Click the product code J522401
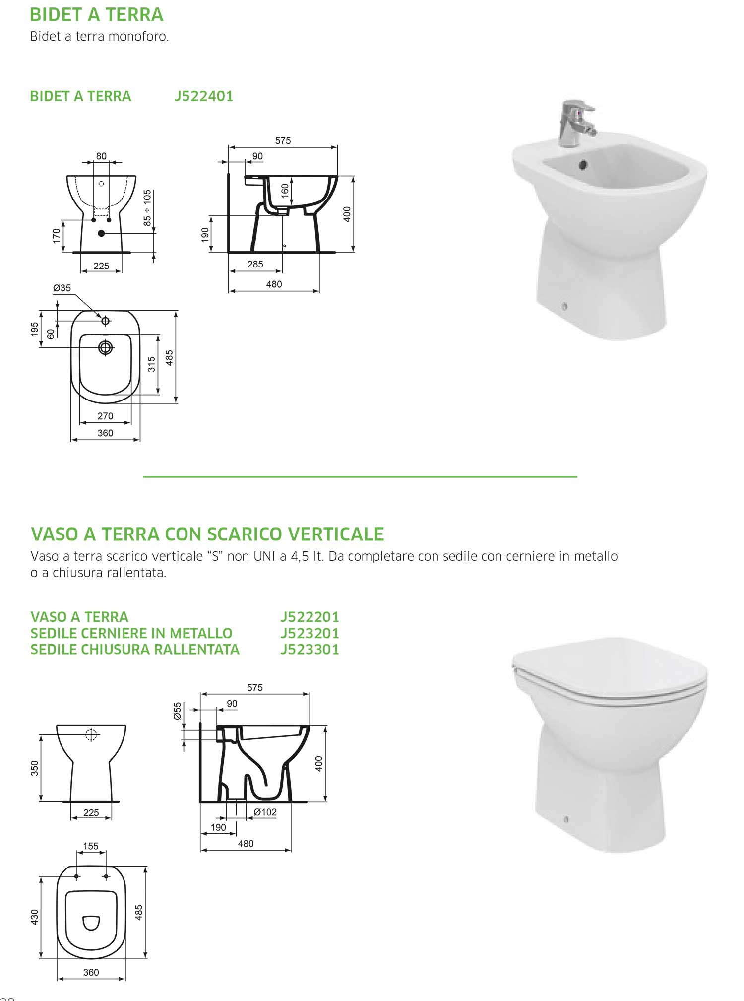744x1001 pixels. click(203, 96)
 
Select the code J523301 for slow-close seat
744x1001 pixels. click(310, 649)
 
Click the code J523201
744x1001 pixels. click(310, 633)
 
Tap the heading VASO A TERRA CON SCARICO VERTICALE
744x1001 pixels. click(207, 534)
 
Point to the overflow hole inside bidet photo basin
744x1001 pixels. click(583, 165)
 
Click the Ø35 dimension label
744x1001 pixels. click(62, 288)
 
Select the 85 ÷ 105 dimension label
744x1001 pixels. click(147, 208)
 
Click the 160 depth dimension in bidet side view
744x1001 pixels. click(285, 191)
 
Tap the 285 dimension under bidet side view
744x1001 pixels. click(255, 264)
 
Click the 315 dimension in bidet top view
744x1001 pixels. click(151, 364)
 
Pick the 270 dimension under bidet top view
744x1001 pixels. click(105, 416)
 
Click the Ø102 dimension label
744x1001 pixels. click(265, 812)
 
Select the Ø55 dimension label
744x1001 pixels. click(178, 711)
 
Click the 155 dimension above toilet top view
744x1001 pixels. click(91, 846)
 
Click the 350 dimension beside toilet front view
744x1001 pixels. click(34, 768)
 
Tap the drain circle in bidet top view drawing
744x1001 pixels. click(105, 347)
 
